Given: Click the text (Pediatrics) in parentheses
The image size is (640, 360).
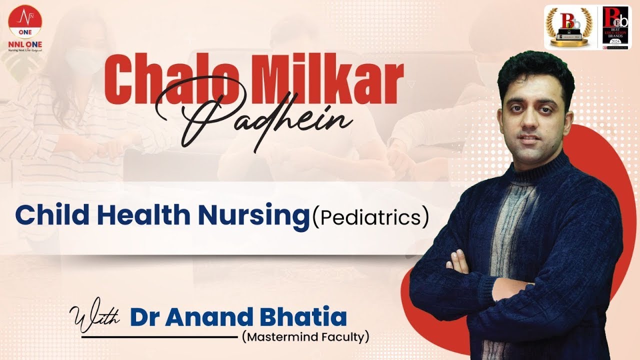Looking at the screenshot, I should coord(370,218).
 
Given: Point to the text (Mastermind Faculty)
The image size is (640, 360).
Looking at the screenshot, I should coord(305,337).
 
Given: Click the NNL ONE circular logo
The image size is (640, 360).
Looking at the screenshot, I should coord(25,23).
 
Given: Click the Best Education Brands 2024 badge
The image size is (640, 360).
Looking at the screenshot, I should coord(616,27).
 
